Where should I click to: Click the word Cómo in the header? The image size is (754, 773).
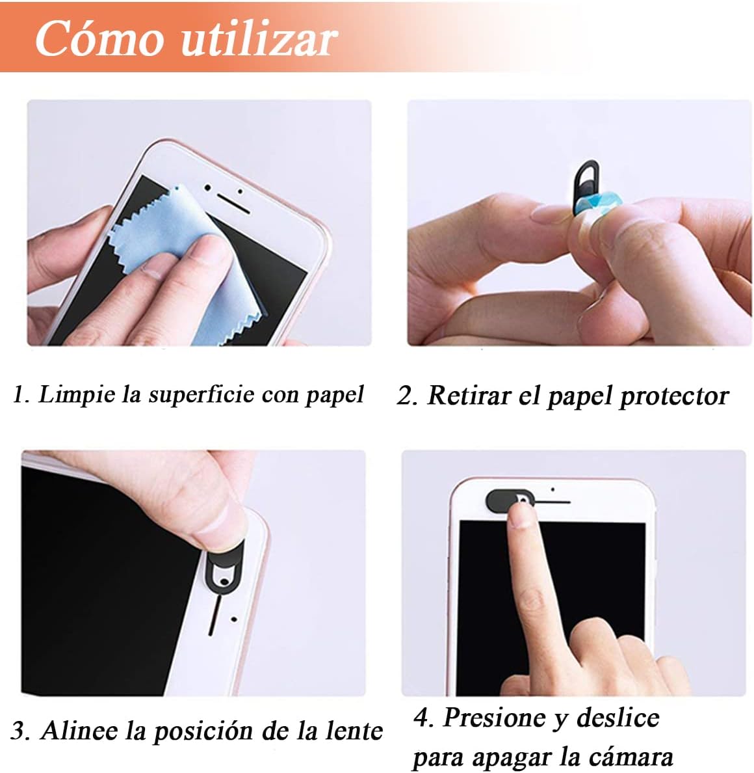pyautogui.click(x=99, y=38)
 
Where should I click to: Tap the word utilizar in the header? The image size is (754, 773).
pyautogui.click(x=259, y=38)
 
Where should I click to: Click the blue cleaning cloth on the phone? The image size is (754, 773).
pyautogui.click(x=192, y=266)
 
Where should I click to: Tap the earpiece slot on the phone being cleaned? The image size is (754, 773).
pyautogui.click(x=233, y=202)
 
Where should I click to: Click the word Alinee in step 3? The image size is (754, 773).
pyautogui.click(x=79, y=730)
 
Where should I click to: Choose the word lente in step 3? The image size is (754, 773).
pyautogui.click(x=354, y=730)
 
